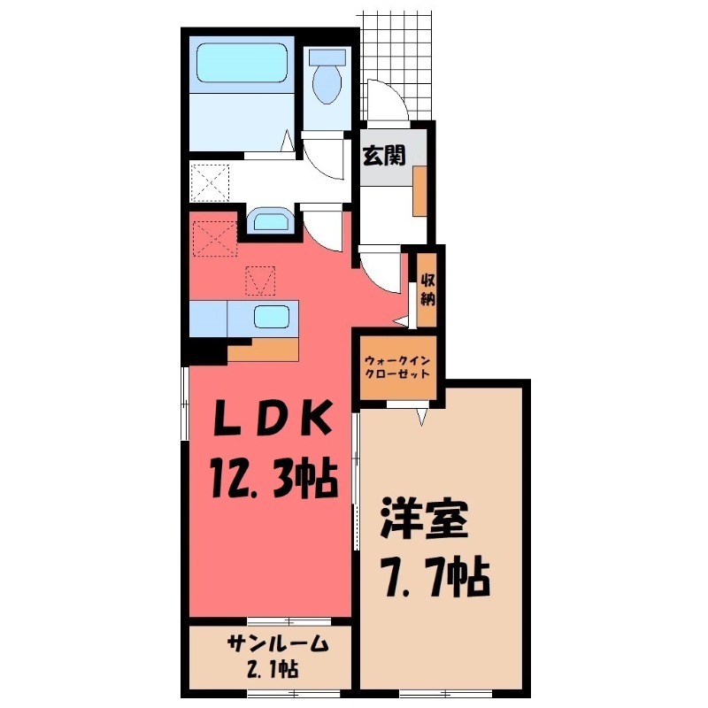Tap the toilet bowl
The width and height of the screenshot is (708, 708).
329,80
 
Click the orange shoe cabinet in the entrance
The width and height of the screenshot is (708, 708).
419,190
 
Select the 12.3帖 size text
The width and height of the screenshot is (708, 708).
271,481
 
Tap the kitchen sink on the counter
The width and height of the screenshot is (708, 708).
271,317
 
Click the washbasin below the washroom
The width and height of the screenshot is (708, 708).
268,220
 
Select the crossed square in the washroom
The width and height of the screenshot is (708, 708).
212,182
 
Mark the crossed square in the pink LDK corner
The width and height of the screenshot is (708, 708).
213,237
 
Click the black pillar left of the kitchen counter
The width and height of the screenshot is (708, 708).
205,351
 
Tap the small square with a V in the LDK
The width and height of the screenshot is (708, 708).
260,282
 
